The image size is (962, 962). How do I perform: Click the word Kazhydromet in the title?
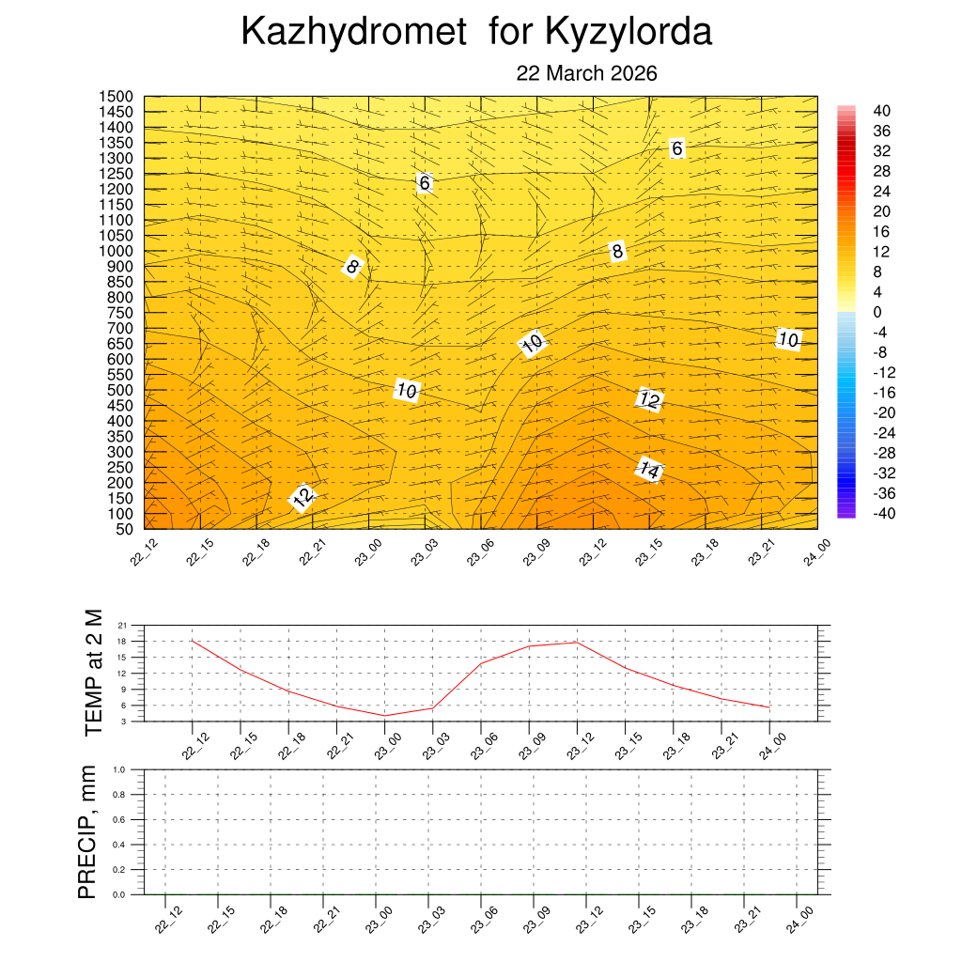[x=353, y=33]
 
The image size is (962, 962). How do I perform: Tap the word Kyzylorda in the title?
[x=628, y=33]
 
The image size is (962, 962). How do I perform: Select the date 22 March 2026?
[x=586, y=74]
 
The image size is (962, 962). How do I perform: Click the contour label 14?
[x=648, y=468]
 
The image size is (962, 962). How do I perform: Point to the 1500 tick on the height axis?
[x=117, y=97]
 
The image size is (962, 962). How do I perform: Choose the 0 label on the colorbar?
[x=877, y=312]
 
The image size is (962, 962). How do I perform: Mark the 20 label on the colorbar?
[x=881, y=211]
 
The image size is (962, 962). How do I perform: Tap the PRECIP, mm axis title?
[x=87, y=831]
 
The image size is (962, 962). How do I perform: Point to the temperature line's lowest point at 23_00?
[x=384, y=716]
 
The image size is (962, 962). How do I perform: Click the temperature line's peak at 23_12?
[x=576, y=643]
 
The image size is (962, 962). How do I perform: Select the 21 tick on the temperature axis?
[x=122, y=625]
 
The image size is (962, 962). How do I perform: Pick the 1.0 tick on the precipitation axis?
[x=119, y=769]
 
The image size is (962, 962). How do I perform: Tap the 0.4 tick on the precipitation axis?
[x=119, y=845]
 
